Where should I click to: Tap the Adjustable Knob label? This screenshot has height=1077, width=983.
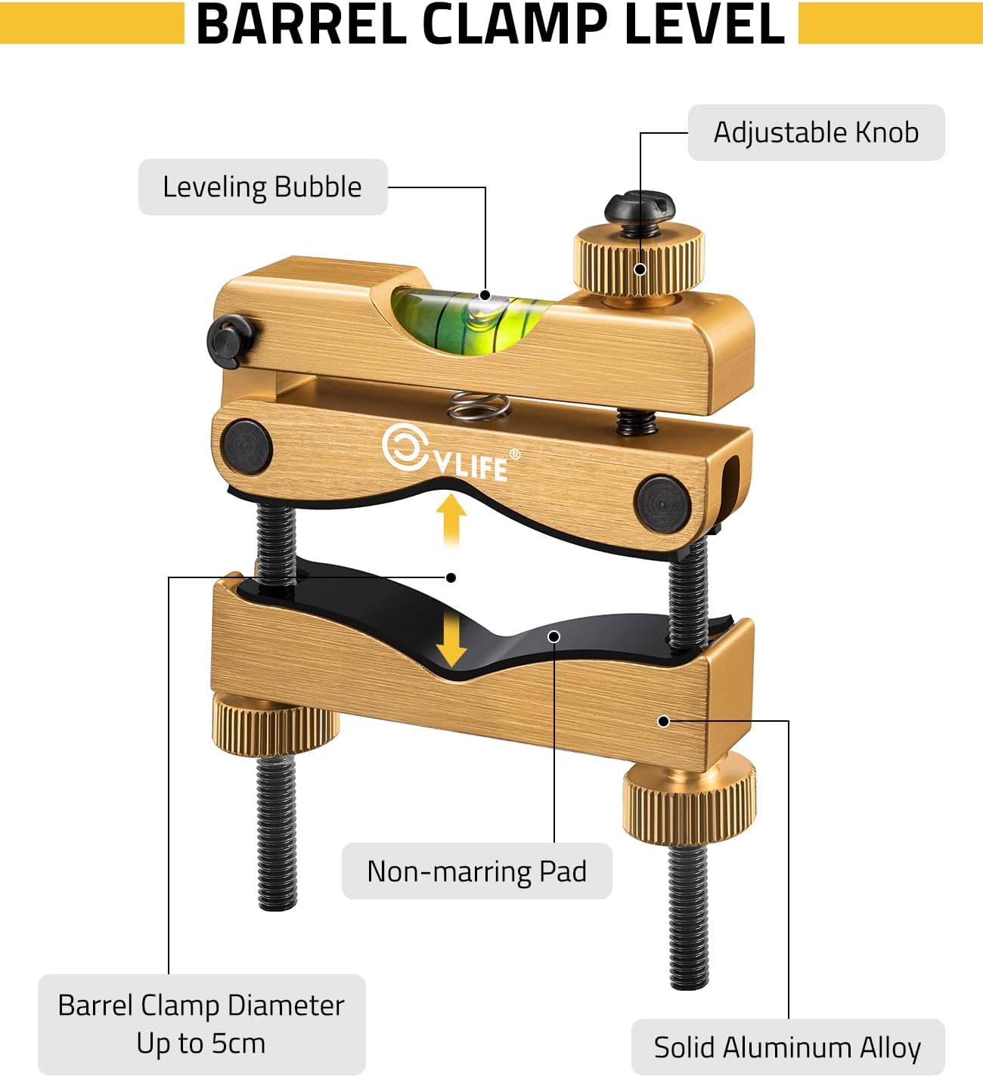[816, 132]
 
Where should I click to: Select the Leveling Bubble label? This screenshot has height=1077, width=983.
[262, 187]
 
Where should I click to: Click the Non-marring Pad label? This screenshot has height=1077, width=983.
[476, 871]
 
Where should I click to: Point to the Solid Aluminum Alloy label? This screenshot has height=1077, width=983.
[787, 1048]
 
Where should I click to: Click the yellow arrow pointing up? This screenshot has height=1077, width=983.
[451, 518]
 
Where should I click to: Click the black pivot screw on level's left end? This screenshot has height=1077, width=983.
[230, 342]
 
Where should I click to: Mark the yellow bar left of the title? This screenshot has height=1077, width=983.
[91, 23]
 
